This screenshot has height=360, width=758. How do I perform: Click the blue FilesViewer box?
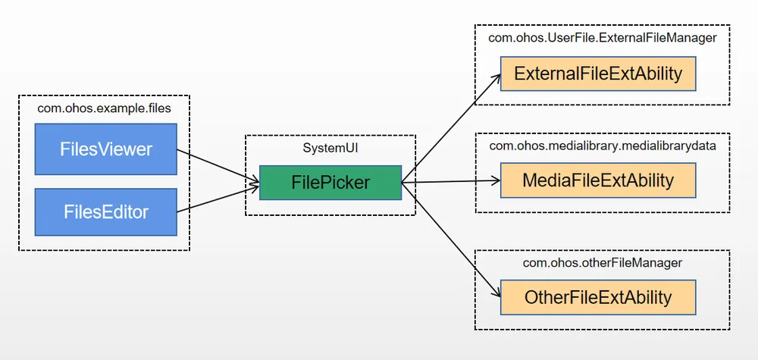point(106,149)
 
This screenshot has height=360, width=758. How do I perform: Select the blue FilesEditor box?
point(106,212)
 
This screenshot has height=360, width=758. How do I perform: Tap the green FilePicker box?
point(330,183)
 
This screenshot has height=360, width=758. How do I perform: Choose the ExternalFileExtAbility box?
point(598,74)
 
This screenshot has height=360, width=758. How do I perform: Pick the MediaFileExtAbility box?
point(598,180)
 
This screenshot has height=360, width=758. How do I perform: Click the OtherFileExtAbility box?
point(598,297)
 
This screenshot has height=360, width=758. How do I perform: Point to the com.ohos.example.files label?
point(105,108)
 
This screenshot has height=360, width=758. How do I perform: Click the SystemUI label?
point(330,148)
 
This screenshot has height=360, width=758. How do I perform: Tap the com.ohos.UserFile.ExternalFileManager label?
point(603,38)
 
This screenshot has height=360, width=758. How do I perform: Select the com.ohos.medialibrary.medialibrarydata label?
point(603,146)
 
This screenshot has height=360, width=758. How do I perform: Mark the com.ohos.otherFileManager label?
point(603,263)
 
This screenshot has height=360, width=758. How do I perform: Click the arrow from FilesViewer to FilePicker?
point(218,166)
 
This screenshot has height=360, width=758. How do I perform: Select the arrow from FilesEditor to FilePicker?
point(218,198)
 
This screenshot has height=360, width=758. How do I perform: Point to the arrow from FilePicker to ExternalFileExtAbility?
point(451,128)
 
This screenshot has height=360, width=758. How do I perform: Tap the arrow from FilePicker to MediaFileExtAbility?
point(451,182)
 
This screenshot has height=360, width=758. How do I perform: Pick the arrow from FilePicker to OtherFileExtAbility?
point(451,239)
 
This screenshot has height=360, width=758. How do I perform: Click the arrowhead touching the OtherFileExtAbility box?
point(496,292)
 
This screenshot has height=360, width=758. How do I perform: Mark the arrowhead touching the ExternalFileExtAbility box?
point(496,80)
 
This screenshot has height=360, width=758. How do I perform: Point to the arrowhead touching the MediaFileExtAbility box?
point(496,180)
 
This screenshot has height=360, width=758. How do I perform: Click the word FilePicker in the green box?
point(330,183)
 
